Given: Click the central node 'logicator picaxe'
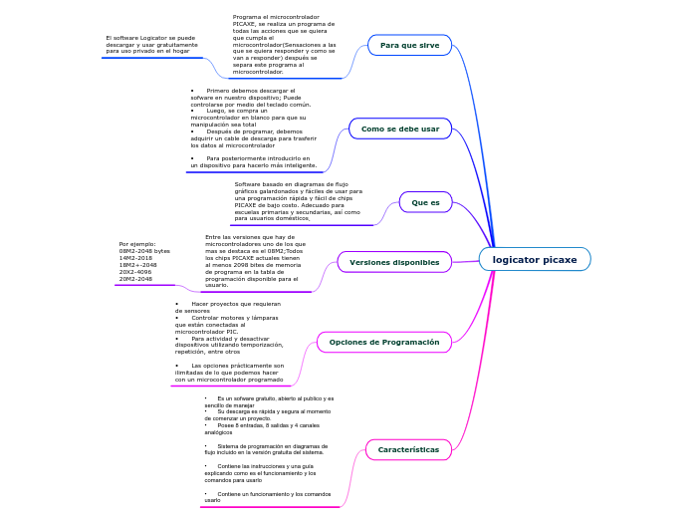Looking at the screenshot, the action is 534,259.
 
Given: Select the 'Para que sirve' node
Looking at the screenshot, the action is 409,45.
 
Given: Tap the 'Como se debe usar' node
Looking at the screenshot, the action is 399,129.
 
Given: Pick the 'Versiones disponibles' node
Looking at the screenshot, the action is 394,262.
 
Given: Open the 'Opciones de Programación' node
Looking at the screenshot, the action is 383,342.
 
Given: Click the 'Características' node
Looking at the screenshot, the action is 408,449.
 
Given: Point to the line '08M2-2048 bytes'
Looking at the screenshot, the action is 144,251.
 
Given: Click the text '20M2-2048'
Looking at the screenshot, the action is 135,279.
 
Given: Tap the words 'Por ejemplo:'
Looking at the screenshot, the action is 137,244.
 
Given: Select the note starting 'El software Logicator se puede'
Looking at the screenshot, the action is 151,44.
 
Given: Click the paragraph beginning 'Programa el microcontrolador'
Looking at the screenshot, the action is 284,45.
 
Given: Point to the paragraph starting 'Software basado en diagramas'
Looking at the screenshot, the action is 298,200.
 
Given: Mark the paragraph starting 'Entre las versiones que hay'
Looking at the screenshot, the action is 255,261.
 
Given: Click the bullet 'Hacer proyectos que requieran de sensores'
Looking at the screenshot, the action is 227,307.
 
